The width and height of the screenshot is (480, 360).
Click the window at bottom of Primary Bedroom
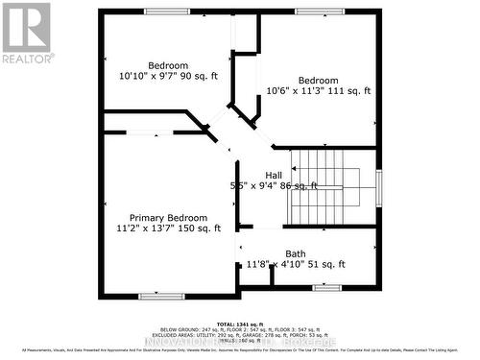(x=161, y=296)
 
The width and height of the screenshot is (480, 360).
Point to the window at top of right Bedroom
(x=313, y=12)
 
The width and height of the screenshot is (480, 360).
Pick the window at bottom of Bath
(x=327, y=287)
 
